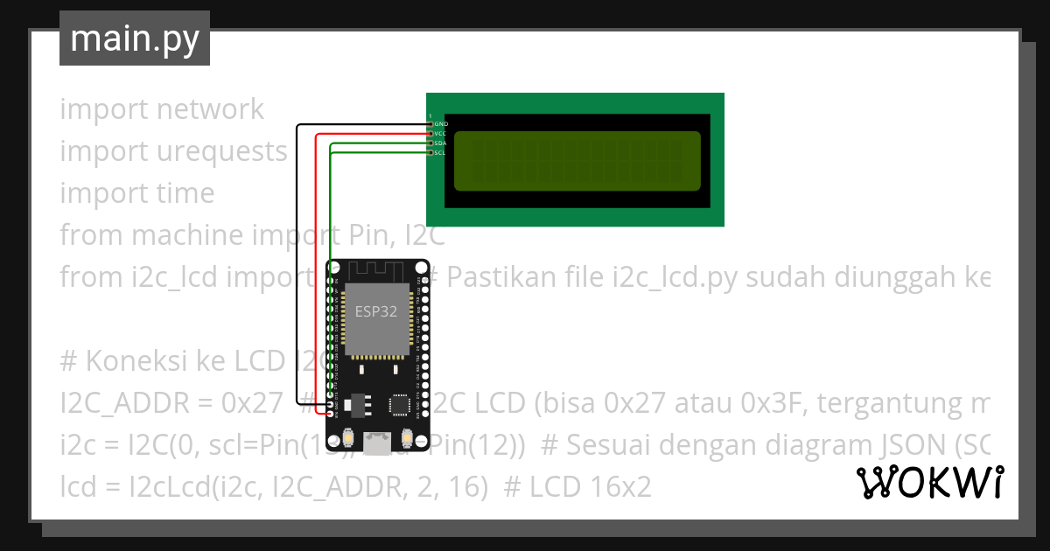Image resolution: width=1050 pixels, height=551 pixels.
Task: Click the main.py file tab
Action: [135, 38]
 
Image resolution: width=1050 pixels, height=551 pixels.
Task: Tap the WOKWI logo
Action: [929, 482]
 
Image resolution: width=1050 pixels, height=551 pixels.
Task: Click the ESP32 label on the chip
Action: [377, 310]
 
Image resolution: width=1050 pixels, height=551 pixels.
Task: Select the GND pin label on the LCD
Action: [441, 124]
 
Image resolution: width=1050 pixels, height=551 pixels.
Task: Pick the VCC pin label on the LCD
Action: [441, 134]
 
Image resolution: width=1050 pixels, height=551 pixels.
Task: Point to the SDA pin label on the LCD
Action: [441, 143]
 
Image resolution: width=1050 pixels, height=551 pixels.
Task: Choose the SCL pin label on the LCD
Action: [440, 153]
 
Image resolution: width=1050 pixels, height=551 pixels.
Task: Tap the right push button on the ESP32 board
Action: [406, 436]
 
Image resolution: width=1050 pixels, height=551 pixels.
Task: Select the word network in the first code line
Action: [210, 109]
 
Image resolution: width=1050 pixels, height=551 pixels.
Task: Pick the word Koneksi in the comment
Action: [135, 361]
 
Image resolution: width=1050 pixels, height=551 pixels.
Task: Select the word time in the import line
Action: [185, 193]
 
